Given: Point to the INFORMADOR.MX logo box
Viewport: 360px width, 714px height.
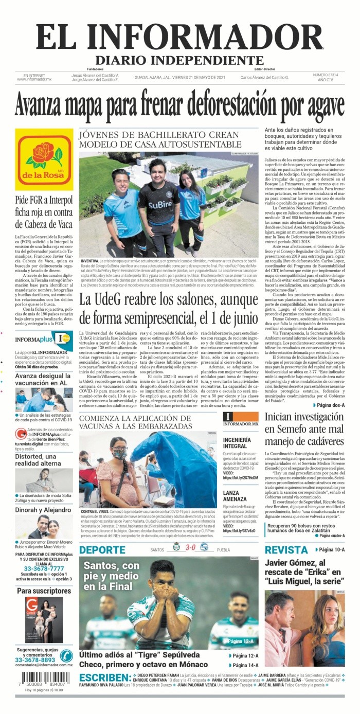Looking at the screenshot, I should [x=241, y=419].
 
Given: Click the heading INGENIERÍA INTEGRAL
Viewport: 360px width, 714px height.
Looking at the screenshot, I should [x=237, y=443].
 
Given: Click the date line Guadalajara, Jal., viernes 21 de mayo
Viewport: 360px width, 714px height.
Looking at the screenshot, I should [x=180, y=77].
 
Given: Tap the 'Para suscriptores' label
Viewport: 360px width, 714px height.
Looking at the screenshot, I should [x=44, y=591].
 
